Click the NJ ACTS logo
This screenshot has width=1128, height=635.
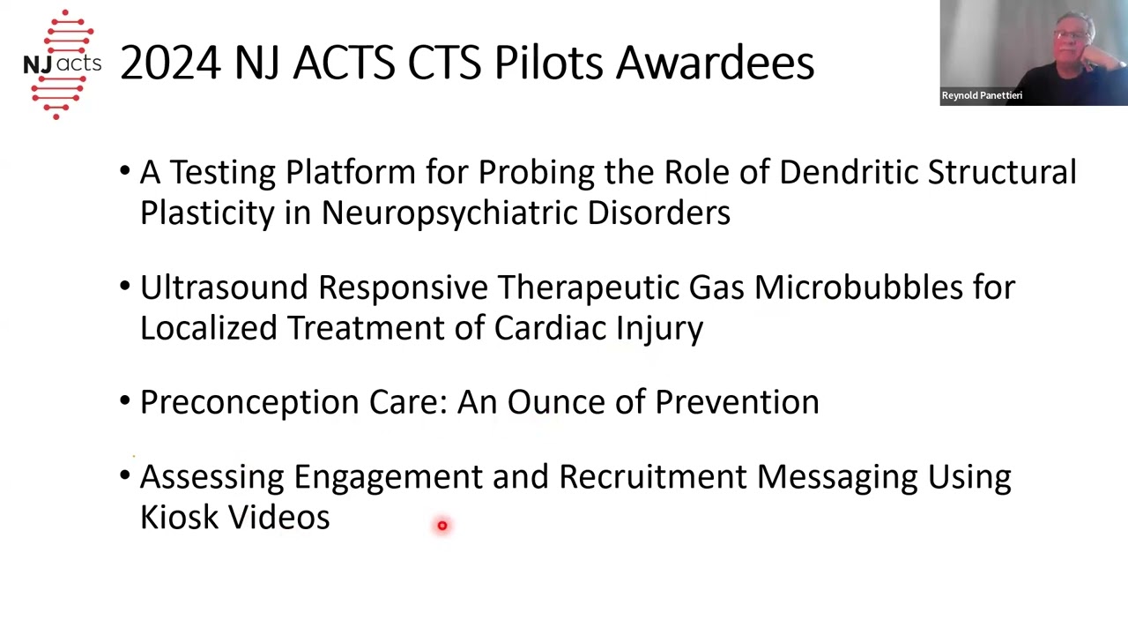(x=62, y=63)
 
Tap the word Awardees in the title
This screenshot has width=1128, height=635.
(x=715, y=63)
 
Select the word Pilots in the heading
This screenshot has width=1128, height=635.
(x=549, y=63)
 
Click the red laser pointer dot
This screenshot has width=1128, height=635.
(x=442, y=526)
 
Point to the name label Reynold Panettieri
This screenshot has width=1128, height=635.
(x=982, y=95)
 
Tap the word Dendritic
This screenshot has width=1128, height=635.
(x=848, y=172)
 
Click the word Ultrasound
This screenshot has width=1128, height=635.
(x=224, y=288)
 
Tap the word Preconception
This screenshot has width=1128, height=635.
(x=249, y=402)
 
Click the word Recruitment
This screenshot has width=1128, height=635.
(x=652, y=476)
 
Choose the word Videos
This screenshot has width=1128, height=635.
(x=278, y=517)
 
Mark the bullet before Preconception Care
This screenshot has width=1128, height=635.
(x=125, y=402)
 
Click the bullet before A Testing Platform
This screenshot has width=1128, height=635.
(x=125, y=172)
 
